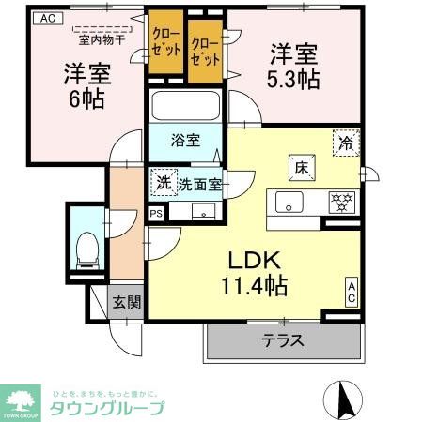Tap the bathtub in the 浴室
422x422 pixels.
(183, 109)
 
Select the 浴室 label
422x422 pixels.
(185, 142)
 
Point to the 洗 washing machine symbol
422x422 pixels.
(164, 183)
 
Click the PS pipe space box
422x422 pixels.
(155, 215)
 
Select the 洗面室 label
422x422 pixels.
(199, 184)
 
